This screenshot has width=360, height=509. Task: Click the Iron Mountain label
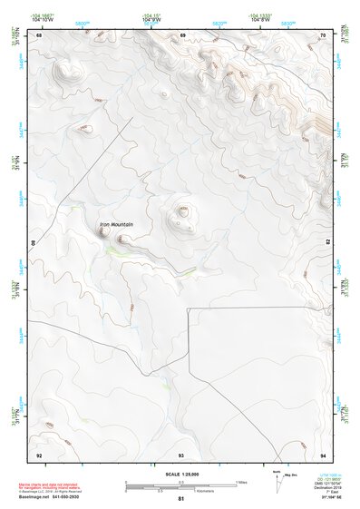coord(116,224)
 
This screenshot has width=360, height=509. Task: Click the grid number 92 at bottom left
coord(39,454)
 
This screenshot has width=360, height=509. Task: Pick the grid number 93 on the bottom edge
coord(181,454)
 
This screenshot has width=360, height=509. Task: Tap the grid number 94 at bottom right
coord(324,454)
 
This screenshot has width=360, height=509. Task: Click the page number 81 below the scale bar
coord(181,499)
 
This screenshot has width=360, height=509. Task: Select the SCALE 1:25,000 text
coord(181,474)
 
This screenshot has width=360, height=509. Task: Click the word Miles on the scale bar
coord(242,481)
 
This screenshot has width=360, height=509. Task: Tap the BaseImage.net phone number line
coord(55,498)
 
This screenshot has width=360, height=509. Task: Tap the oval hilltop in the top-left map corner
coord(63,68)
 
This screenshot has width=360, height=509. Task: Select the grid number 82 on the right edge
coord(329,243)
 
